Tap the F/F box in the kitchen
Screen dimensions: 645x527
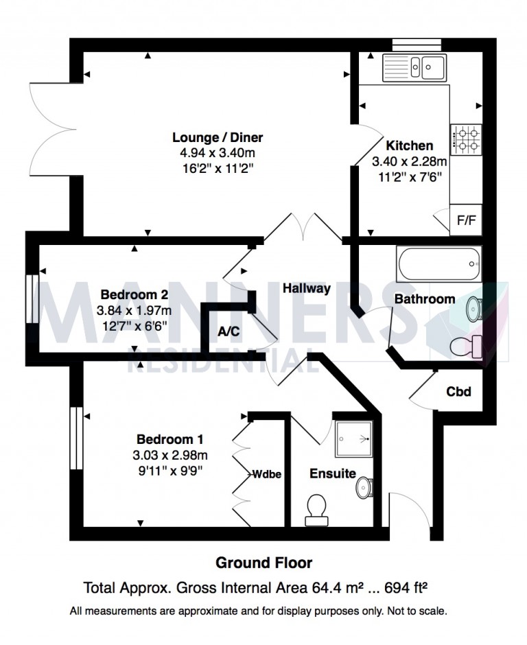[x=465, y=220]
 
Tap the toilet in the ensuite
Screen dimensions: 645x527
[x=318, y=510]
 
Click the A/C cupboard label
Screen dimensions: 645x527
[x=229, y=332]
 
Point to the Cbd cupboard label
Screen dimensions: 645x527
[x=458, y=392]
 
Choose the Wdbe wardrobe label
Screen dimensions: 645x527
[x=267, y=473]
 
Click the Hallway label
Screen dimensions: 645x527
[x=307, y=289]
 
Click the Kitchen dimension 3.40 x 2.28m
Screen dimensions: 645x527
[x=409, y=162]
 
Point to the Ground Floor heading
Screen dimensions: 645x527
[x=264, y=563]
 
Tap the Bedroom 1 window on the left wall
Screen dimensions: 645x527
[x=75, y=440]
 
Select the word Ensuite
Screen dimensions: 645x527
[x=332, y=473]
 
